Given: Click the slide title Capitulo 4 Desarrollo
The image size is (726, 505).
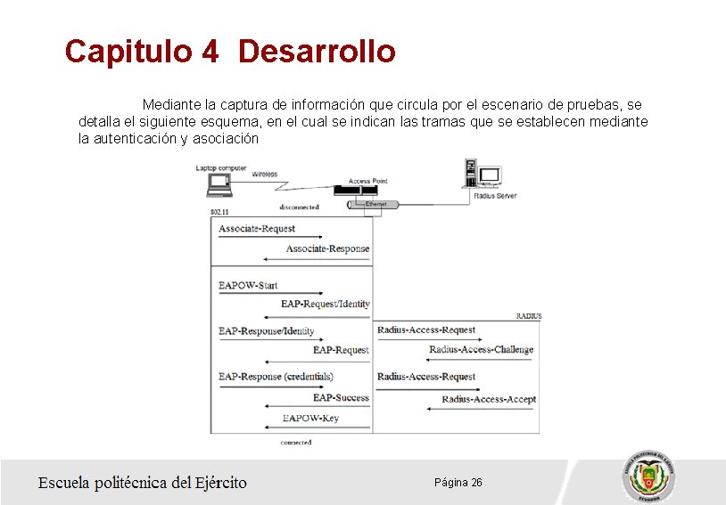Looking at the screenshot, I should pyautogui.click(x=230, y=51).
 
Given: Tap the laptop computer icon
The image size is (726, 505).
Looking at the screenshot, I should pyautogui.click(x=219, y=184).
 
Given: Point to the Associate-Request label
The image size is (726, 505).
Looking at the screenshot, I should pyautogui.click(x=257, y=229).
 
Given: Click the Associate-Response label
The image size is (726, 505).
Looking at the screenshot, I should pyautogui.click(x=327, y=248).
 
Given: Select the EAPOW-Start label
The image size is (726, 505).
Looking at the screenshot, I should pyautogui.click(x=248, y=286).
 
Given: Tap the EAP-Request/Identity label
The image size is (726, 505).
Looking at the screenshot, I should pyautogui.click(x=325, y=304).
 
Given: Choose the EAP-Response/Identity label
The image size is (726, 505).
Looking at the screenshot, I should pyautogui.click(x=266, y=331).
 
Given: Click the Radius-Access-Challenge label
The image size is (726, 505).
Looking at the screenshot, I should pyautogui.click(x=481, y=349).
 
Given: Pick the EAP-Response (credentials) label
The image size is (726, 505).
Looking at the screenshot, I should pyautogui.click(x=276, y=377).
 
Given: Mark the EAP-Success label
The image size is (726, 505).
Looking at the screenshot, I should pyautogui.click(x=341, y=397).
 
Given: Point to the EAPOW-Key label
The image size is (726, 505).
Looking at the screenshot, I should pyautogui.click(x=310, y=418).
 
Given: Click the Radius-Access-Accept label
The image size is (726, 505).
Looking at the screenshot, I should pyautogui.click(x=489, y=399).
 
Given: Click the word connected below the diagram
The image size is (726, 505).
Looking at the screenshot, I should pyautogui.click(x=295, y=442).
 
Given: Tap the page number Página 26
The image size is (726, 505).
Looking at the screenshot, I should pyautogui.click(x=458, y=482).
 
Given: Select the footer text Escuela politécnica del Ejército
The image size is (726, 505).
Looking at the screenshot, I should pyautogui.click(x=142, y=483).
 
